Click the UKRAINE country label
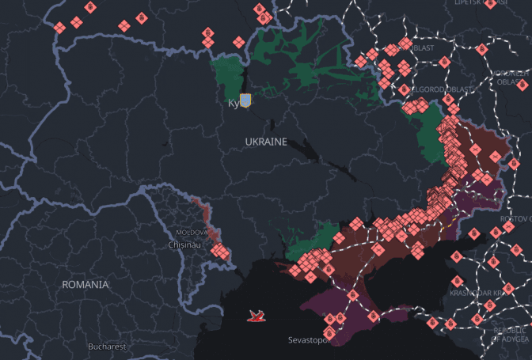(x=265, y=141)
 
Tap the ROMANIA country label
(x=85, y=283)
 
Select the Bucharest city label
(x=107, y=347)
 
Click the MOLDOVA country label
(x=192, y=233)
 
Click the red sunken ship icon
(x=256, y=316)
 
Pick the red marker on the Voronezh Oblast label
(x=522, y=83)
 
